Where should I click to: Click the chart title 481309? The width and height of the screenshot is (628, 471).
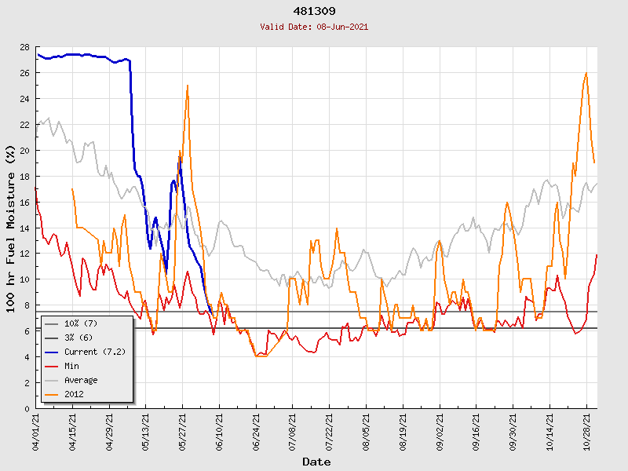click(314, 11)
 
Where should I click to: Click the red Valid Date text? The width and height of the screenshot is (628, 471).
click(314, 27)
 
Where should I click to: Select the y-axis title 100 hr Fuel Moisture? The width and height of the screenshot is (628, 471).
click(10, 228)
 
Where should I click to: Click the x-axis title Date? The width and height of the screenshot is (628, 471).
click(316, 462)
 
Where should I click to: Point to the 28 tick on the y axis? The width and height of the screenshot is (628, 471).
click(24, 47)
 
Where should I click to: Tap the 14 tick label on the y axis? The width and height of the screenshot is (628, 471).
click(24, 228)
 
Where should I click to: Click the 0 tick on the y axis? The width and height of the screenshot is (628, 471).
click(27, 408)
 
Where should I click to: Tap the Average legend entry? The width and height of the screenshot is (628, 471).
click(82, 380)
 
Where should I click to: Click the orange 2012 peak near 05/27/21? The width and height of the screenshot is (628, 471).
click(187, 86)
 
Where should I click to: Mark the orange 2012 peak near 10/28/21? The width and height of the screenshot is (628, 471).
click(586, 73)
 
